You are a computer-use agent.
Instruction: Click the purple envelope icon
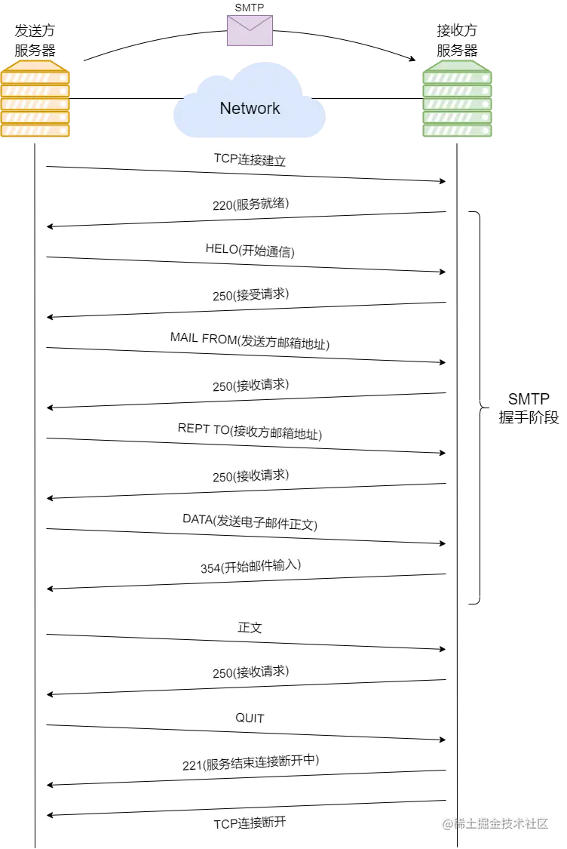pos(250,30)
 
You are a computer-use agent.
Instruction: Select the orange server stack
pos(35,99)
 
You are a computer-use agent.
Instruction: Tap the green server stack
pos(458,99)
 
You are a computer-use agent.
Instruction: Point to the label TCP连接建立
pos(250,160)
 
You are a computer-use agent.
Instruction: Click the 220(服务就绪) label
pos(250,204)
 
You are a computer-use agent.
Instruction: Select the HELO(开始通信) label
pos(250,251)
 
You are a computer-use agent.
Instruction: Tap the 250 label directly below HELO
pos(250,295)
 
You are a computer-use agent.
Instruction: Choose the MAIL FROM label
pos(250,341)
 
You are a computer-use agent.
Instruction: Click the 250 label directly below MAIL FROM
pos(250,386)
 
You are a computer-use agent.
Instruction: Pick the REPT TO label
pos(250,432)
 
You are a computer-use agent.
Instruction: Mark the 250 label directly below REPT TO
pos(250,476)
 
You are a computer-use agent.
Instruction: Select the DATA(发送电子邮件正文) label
pos(250,521)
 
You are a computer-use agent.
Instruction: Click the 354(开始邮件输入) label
pos(250,567)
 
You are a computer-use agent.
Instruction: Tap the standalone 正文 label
pos(250,627)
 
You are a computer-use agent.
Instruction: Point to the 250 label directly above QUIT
pos(250,672)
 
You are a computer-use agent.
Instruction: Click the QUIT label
pos(250,718)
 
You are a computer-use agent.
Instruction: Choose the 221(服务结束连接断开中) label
pos(250,763)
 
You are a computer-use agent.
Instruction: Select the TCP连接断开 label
pos(250,823)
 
